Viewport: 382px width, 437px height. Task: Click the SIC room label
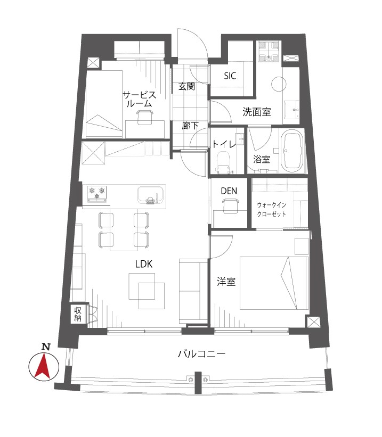tap(230, 76)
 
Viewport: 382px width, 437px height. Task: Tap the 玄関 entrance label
tap(186, 86)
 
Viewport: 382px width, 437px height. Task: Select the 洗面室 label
tap(256, 112)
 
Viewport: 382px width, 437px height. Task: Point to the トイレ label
tap(224, 144)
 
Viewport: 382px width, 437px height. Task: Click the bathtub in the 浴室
tap(291, 151)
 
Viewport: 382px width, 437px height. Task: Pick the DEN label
tap(229, 191)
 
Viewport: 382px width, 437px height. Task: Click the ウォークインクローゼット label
tap(272, 210)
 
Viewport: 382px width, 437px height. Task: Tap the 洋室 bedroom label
tap(226, 282)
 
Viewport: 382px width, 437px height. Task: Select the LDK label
tap(144, 264)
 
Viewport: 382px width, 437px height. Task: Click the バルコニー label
tap(201, 354)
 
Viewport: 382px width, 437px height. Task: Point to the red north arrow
tap(44, 366)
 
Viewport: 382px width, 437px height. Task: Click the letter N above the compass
tap(46, 347)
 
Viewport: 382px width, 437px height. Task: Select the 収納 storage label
tap(78, 314)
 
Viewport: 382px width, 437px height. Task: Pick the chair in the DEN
tap(230, 206)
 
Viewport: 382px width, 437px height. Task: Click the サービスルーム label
tap(139, 99)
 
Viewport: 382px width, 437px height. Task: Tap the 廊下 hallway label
tap(190, 126)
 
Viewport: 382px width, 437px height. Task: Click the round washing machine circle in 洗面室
tap(279, 84)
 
